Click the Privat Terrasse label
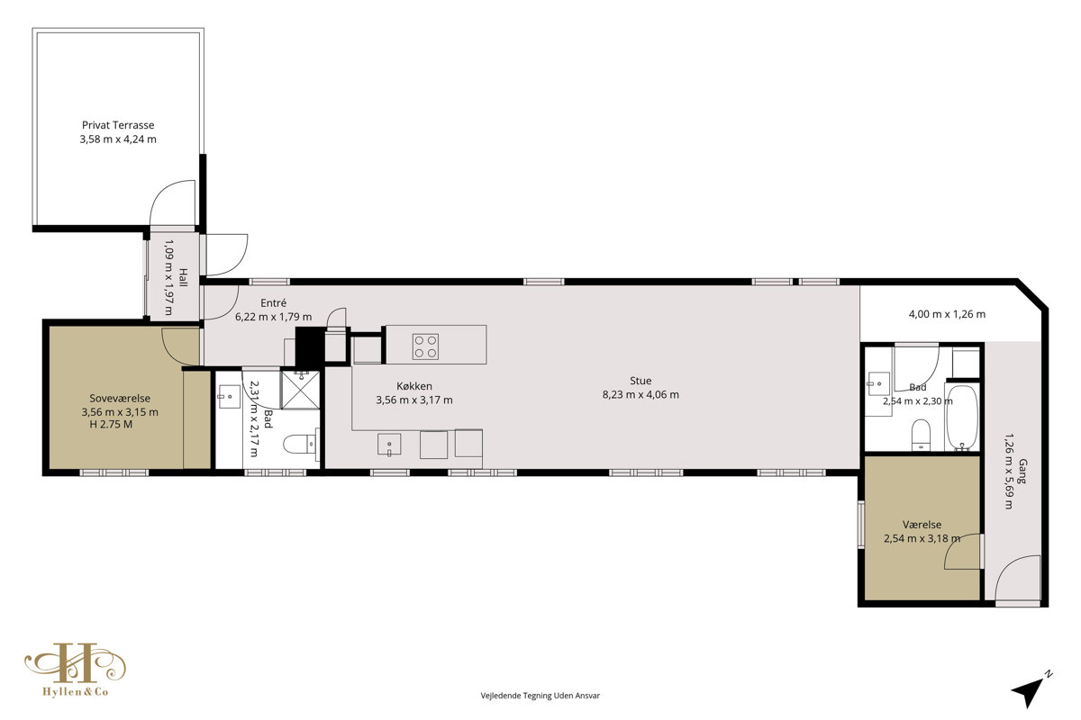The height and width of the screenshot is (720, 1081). pos(118,125)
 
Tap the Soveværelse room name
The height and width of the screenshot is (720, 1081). pos(120,399)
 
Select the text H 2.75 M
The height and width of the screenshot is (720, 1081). pos(111,425)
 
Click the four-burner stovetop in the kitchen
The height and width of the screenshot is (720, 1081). pos(425,346)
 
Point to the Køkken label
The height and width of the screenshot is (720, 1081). pos(414,386)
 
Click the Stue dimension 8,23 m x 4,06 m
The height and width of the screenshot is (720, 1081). pos(640,394)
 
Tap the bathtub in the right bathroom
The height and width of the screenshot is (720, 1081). pos(962,418)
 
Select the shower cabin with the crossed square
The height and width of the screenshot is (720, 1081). pos(300,390)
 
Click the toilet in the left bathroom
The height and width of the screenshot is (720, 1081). pos(301,443)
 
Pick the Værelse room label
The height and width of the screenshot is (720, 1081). pos(922,525)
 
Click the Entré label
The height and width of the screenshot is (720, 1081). pos(273,303)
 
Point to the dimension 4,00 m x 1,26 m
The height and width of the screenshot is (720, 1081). pos(947,314)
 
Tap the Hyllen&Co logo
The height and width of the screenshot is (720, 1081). pos(76,670)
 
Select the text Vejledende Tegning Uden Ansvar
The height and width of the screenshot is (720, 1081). pos(540,696)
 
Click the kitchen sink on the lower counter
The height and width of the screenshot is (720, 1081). pos(389,445)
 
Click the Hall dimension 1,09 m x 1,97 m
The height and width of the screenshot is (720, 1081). pos(169,277)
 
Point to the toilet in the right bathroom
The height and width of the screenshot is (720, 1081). pos(922,435)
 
